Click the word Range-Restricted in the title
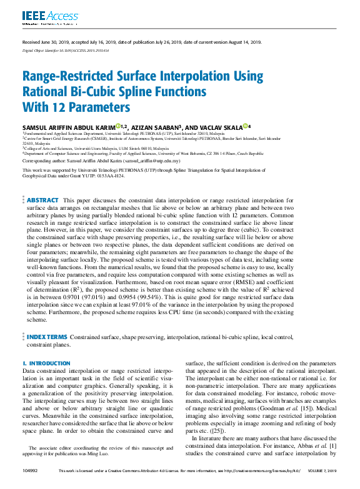click(x=67, y=77)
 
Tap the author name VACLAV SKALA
click(x=221, y=127)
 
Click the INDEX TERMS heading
click(x=47, y=337)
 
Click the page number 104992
click(x=31, y=471)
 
